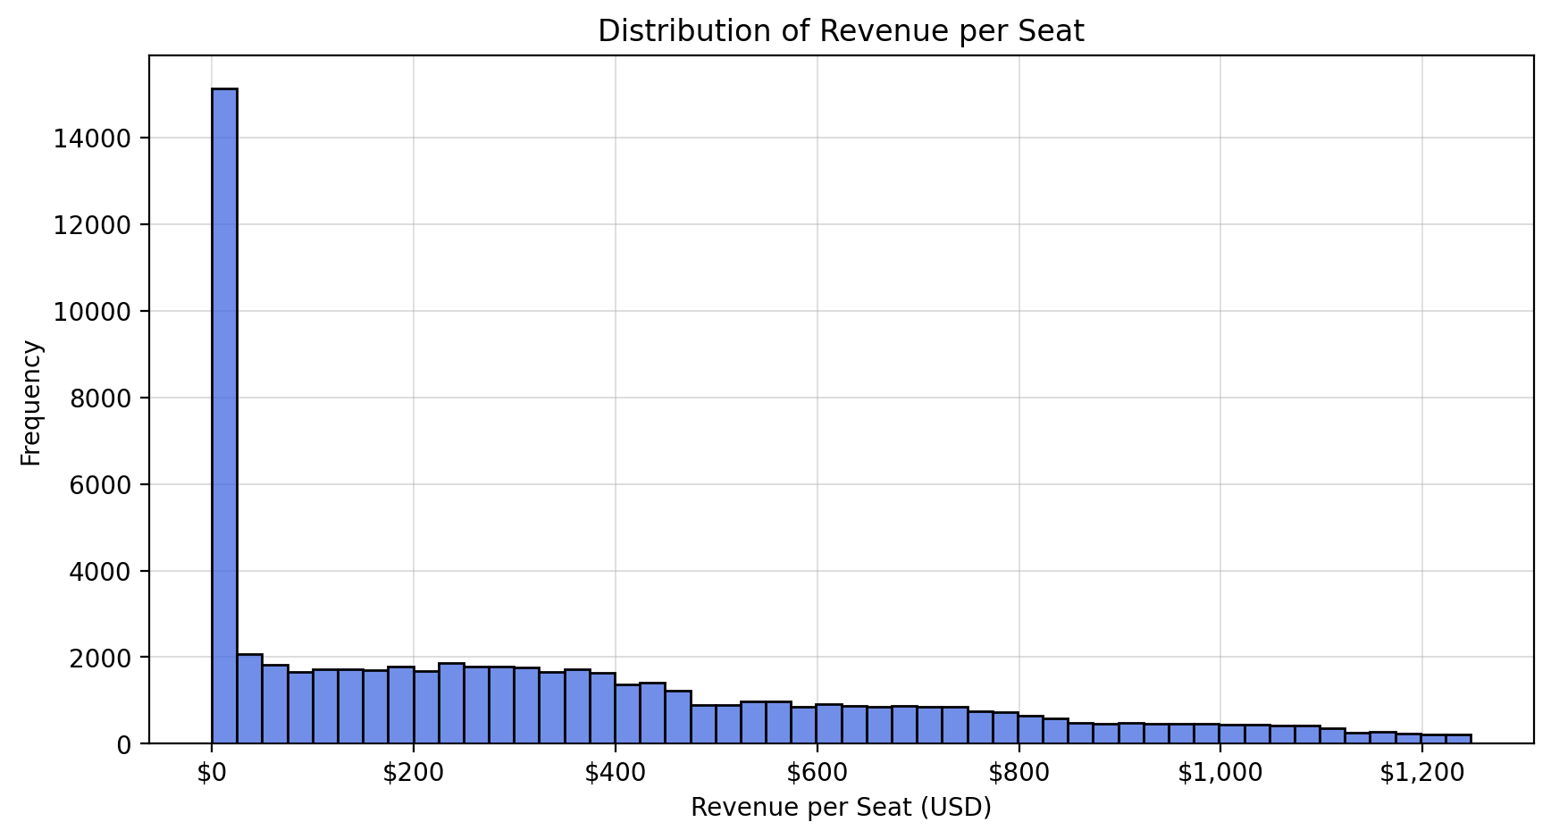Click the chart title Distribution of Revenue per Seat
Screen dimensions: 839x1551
tap(840, 31)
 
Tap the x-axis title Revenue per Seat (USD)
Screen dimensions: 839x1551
tap(840, 808)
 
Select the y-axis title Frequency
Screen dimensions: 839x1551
tap(31, 402)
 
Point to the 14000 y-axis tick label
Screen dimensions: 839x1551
tap(92, 138)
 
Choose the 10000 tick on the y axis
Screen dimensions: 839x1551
tap(92, 312)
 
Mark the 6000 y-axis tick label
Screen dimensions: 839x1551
tap(99, 485)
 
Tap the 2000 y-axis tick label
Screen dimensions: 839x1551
tap(99, 658)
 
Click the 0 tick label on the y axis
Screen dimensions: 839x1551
tap(123, 744)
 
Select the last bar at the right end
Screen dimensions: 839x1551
tap(1459, 739)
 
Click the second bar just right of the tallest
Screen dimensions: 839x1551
tap(249, 700)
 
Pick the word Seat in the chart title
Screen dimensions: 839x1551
tap(1055, 31)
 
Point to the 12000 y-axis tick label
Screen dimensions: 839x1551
tap(92, 225)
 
